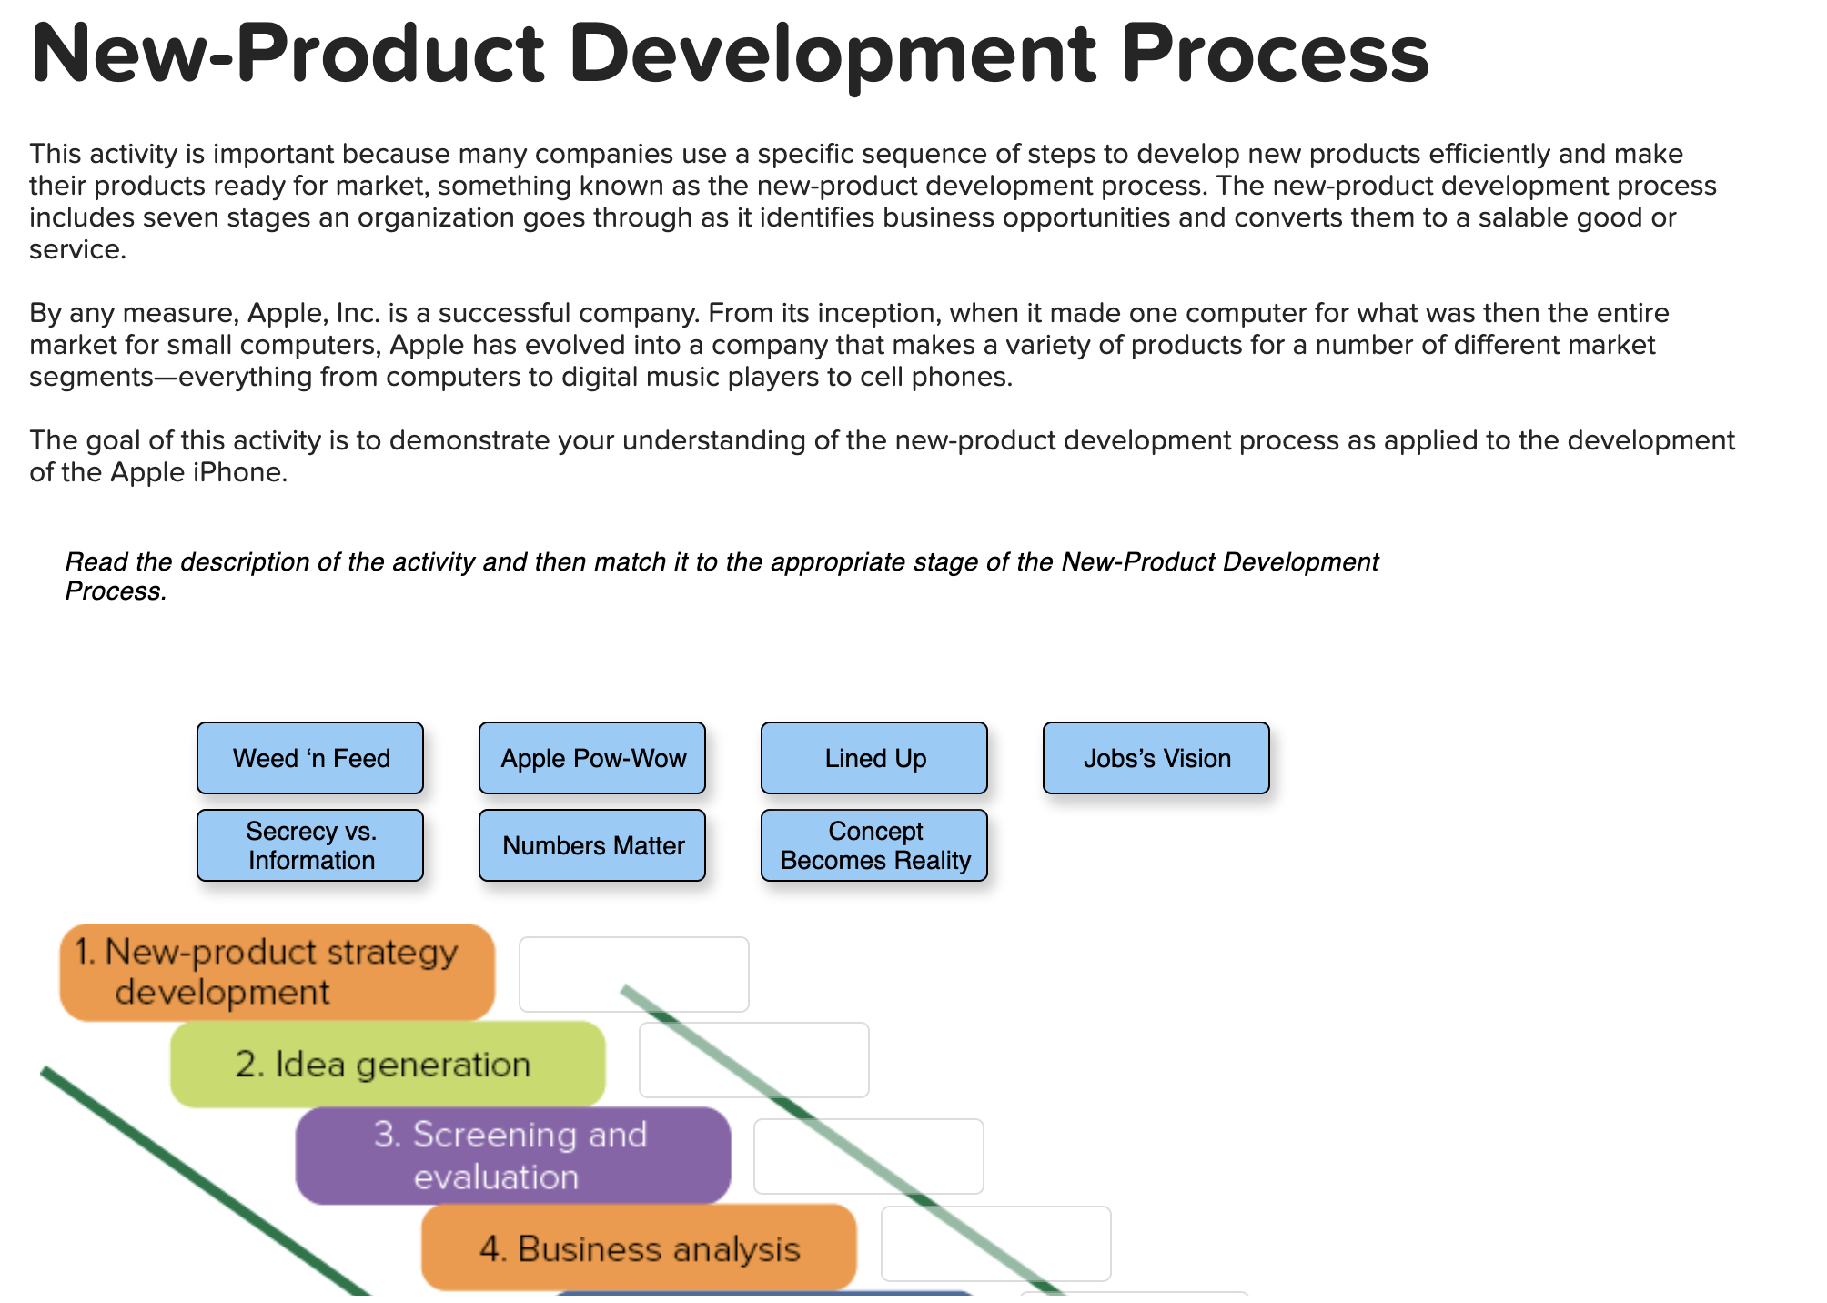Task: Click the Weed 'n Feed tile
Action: [310, 758]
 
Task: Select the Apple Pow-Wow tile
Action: [592, 758]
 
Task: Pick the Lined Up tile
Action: [874, 758]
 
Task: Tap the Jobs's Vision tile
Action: [1156, 758]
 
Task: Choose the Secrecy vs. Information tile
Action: [310, 845]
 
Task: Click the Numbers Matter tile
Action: [592, 845]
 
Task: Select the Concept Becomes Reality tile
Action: [874, 845]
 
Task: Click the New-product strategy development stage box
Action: [277, 972]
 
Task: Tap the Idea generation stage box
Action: [388, 1064]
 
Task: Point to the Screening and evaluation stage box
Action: [512, 1156]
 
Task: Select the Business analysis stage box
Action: [639, 1248]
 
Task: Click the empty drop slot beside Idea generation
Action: [754, 1060]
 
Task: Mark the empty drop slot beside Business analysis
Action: [996, 1244]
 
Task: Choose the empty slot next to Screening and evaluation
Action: [869, 1157]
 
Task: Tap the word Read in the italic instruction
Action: [96, 562]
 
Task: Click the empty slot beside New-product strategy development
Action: [634, 975]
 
